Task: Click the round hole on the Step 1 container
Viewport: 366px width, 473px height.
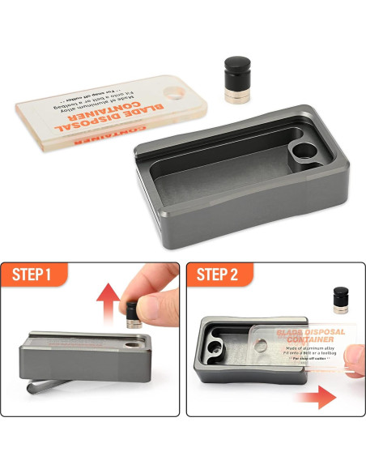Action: pyautogui.click(x=131, y=344)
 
